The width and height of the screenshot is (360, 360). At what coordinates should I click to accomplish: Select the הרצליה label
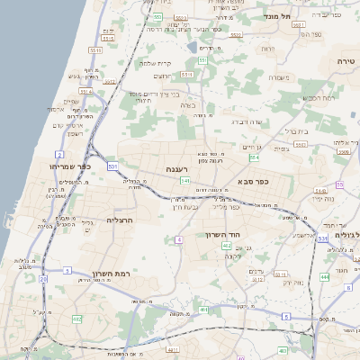pyautogui.click(x=120, y=220)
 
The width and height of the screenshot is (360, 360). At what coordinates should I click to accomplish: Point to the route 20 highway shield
pyautogui.click(x=42, y=279)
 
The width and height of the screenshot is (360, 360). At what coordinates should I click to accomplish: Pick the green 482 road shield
pyautogui.click(x=77, y=319)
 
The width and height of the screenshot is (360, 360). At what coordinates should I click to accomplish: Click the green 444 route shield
pyautogui.click(x=324, y=277)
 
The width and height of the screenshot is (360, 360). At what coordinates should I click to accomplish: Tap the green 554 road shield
pyautogui.click(x=255, y=157)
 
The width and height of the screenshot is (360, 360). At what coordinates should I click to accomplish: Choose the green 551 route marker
pyautogui.click(x=157, y=17)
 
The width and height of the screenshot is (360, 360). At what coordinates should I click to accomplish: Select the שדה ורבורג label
pyautogui.click(x=246, y=121)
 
